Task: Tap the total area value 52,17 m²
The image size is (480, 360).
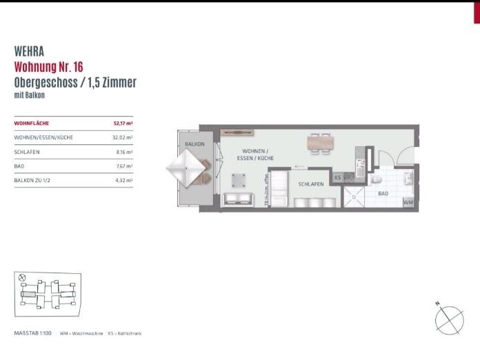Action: click(x=122, y=123)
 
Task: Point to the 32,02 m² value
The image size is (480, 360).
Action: click(x=122, y=137)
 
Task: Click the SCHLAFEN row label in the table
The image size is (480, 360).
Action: click(x=26, y=152)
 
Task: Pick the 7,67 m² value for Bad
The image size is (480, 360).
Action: click(x=123, y=166)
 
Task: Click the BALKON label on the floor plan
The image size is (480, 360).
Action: click(x=194, y=143)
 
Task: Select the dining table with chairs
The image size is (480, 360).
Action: click(x=320, y=142)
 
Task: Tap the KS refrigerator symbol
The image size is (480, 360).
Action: click(x=338, y=178)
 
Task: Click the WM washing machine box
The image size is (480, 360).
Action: click(x=408, y=202)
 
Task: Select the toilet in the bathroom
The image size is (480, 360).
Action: click(x=377, y=179)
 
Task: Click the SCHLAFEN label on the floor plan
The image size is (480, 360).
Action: click(x=311, y=185)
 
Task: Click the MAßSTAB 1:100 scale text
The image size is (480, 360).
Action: click(x=34, y=333)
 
